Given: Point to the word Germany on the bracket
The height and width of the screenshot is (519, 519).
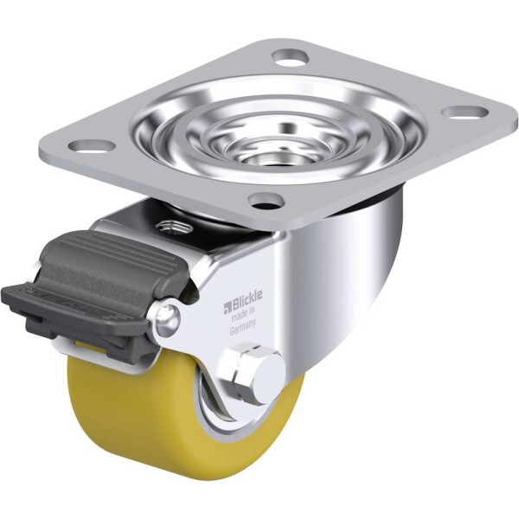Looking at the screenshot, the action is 242,328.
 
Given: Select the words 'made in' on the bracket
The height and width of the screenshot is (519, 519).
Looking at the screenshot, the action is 243,315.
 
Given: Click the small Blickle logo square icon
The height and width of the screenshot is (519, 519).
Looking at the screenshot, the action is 227,307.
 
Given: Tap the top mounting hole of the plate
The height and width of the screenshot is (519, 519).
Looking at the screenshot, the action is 291,56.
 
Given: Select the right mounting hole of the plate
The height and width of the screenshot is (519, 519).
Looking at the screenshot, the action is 465,112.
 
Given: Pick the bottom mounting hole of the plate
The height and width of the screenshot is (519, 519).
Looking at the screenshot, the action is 266,201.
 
